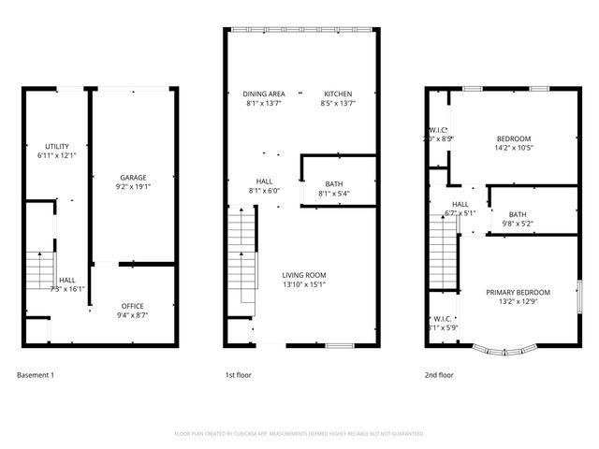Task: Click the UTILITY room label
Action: (56, 147)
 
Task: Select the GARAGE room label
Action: (132, 177)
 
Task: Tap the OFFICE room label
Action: (132, 306)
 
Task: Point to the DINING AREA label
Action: (263, 94)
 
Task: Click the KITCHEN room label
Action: (338, 94)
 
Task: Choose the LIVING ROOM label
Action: (303, 275)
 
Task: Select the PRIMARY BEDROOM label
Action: (518, 292)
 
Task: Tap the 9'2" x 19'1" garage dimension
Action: (132, 186)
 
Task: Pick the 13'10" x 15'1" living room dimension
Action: (303, 284)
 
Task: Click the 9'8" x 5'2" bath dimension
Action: (518, 224)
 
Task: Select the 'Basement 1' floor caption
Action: (36, 375)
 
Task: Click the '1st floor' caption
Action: (238, 375)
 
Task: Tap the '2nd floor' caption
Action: (439, 375)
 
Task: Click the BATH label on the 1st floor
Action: (334, 184)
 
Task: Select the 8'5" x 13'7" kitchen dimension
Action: (338, 103)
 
